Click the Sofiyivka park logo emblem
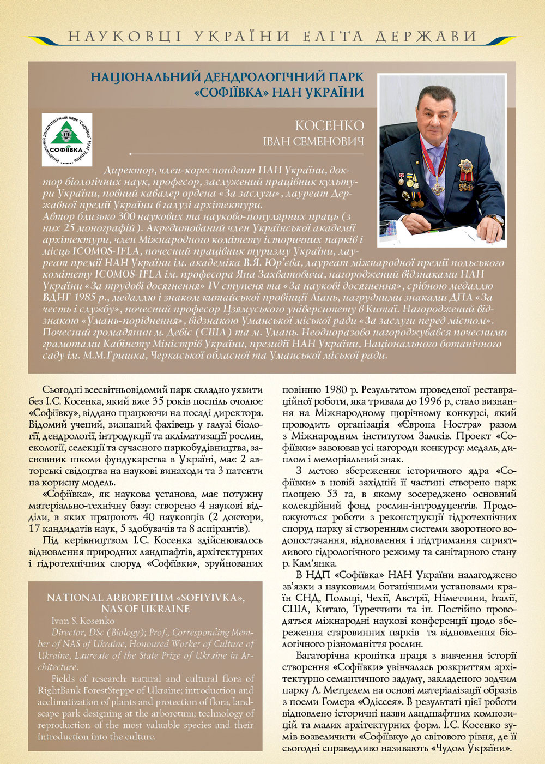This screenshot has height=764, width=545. click(x=66, y=140)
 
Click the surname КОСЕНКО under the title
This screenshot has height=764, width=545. click(x=329, y=125)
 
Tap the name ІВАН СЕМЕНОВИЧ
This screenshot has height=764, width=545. click(x=313, y=142)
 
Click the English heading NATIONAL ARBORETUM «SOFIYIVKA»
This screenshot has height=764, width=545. click(x=146, y=598)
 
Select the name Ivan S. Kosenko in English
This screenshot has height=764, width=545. click(x=83, y=621)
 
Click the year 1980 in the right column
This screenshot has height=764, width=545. click(x=336, y=390)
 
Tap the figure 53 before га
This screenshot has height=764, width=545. click(x=332, y=494)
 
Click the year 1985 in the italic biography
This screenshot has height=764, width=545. click(x=76, y=297)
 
